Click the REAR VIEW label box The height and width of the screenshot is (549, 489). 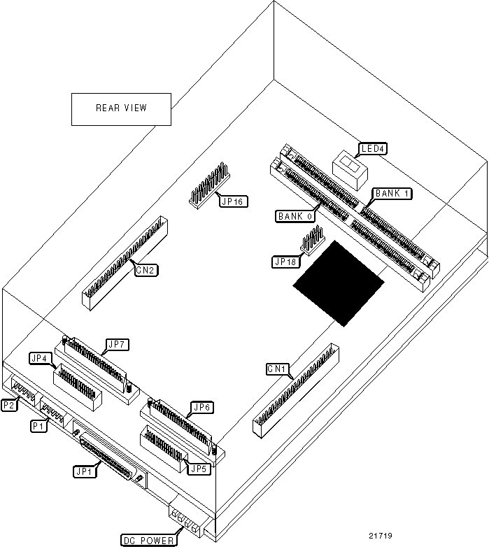point(122,108)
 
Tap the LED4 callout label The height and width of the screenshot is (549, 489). point(373,148)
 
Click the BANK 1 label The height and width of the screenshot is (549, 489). point(392,193)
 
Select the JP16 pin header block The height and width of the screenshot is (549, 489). point(208,185)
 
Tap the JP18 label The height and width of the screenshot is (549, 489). point(285,262)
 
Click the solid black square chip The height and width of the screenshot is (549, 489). point(339,283)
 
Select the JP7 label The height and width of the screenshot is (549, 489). point(115,345)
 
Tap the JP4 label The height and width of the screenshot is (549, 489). point(40,359)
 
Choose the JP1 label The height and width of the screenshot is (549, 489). point(84,471)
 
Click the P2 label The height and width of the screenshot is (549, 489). point(10,404)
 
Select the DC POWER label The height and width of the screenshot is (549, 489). point(148,540)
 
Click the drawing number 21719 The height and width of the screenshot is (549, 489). point(381,536)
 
